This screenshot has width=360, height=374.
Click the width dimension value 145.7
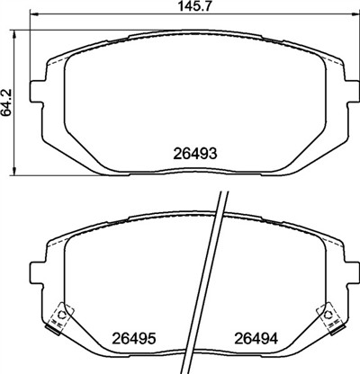coord(195,6)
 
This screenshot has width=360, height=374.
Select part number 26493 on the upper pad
coord(194,154)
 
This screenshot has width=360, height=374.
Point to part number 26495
coord(134,339)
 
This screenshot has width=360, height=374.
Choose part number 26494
coord(256,339)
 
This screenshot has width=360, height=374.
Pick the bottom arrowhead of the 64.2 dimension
coord(13,170)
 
